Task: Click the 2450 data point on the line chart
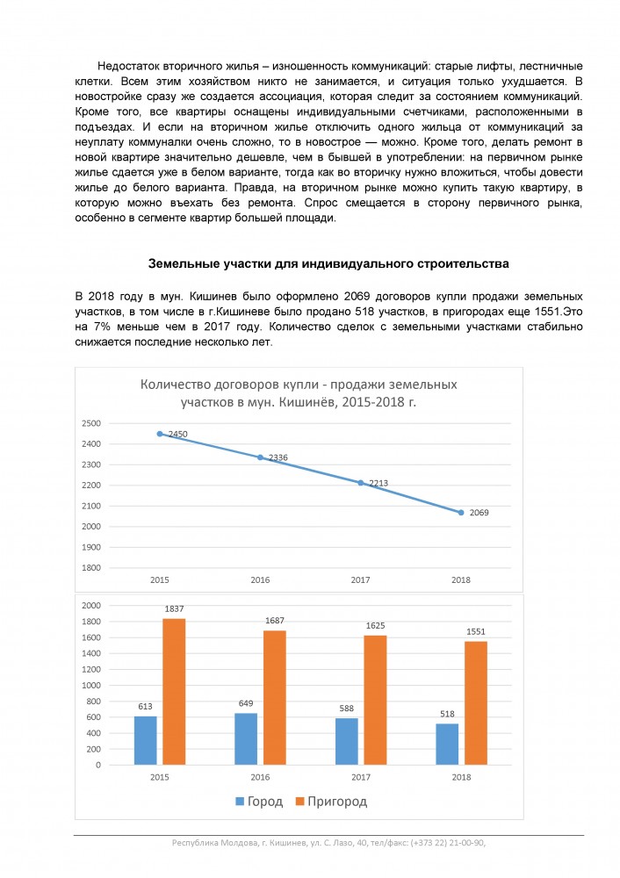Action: coord(160,434)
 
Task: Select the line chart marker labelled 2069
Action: coord(461,512)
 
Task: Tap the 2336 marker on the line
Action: coord(260,457)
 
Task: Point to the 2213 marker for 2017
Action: coord(361,482)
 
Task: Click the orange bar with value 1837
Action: coord(174,692)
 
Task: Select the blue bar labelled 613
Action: coord(145,740)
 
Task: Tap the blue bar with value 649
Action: coord(246,738)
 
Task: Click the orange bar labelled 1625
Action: coord(375,700)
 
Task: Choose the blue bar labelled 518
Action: coord(447,744)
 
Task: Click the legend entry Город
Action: coord(258,802)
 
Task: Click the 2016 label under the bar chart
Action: coord(260,778)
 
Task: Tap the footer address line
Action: coord(328,843)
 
